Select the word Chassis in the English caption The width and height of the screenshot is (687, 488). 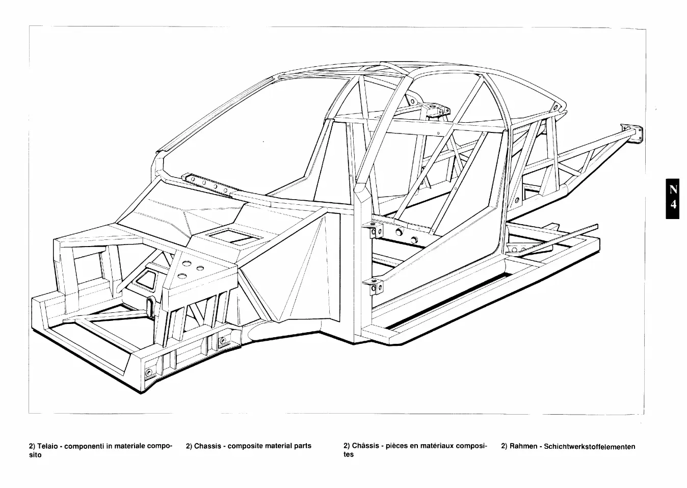pos(207,446)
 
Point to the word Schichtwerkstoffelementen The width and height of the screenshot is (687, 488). pos(590,447)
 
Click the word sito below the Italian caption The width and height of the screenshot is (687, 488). pos(35,455)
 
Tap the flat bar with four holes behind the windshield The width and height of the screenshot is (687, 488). pos(208,183)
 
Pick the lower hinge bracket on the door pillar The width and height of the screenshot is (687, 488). pos(373,286)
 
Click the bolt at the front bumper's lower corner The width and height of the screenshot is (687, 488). pos(149,372)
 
